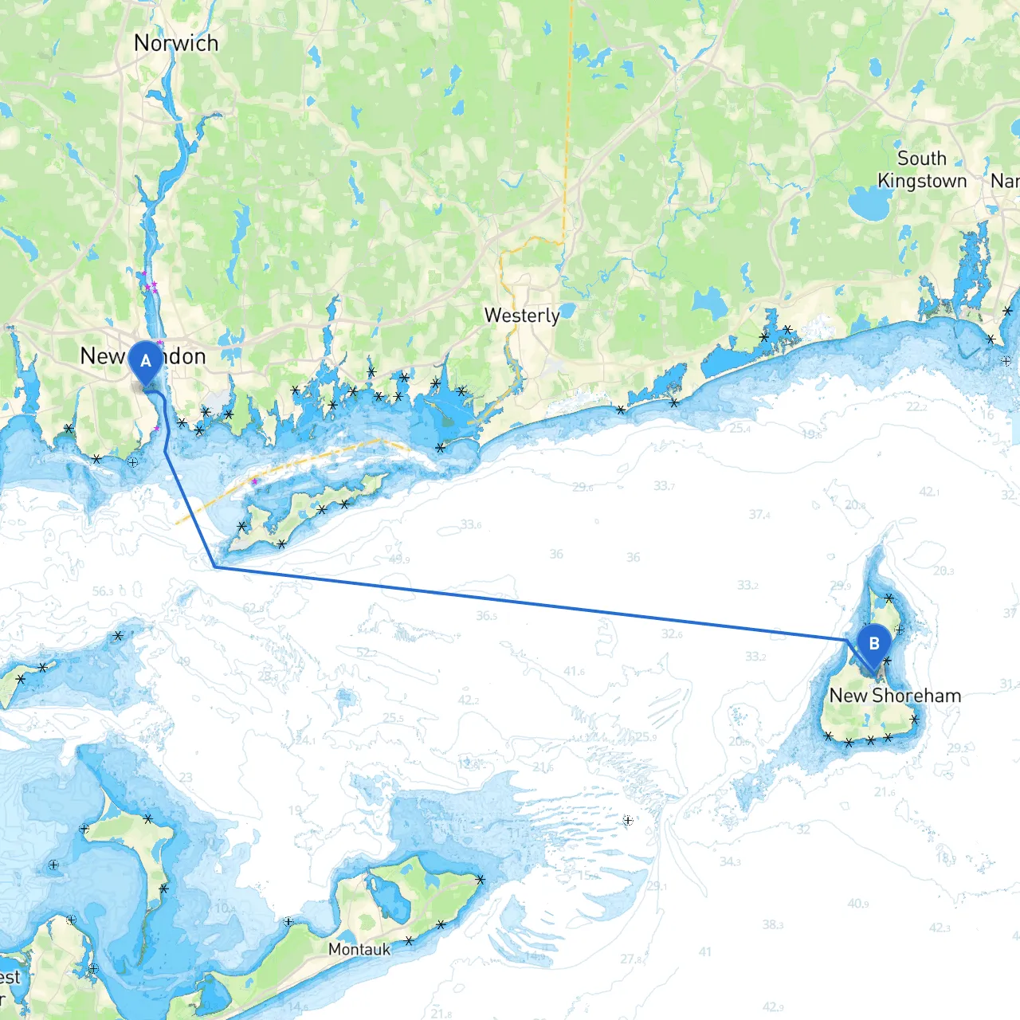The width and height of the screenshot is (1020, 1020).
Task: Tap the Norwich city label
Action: [176, 43]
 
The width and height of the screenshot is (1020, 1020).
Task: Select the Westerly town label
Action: [522, 316]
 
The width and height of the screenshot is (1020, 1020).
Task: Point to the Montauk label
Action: [359, 949]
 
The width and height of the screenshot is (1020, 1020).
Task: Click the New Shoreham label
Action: [895, 696]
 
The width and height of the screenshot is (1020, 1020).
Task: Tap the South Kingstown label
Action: [922, 170]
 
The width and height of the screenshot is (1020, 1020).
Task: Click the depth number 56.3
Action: [104, 591]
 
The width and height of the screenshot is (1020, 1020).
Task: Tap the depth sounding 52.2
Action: [367, 653]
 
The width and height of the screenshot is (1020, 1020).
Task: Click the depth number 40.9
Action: [858, 904]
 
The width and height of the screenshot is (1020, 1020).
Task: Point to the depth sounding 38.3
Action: [773, 924]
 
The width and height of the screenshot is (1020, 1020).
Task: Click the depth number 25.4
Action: [740, 429]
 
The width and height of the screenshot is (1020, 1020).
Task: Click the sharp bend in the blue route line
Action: [215, 567]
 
